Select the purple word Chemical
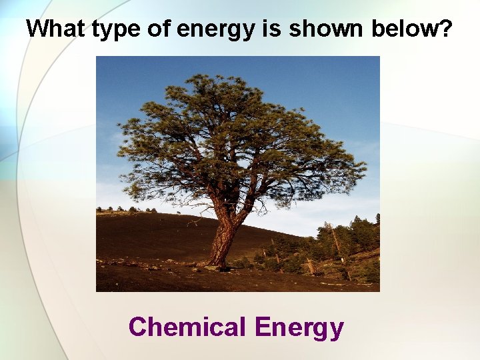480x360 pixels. (x=187, y=327)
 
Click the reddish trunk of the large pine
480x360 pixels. (x=223, y=233)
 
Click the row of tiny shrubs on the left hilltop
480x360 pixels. (x=127, y=210)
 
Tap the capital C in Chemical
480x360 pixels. (x=138, y=327)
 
